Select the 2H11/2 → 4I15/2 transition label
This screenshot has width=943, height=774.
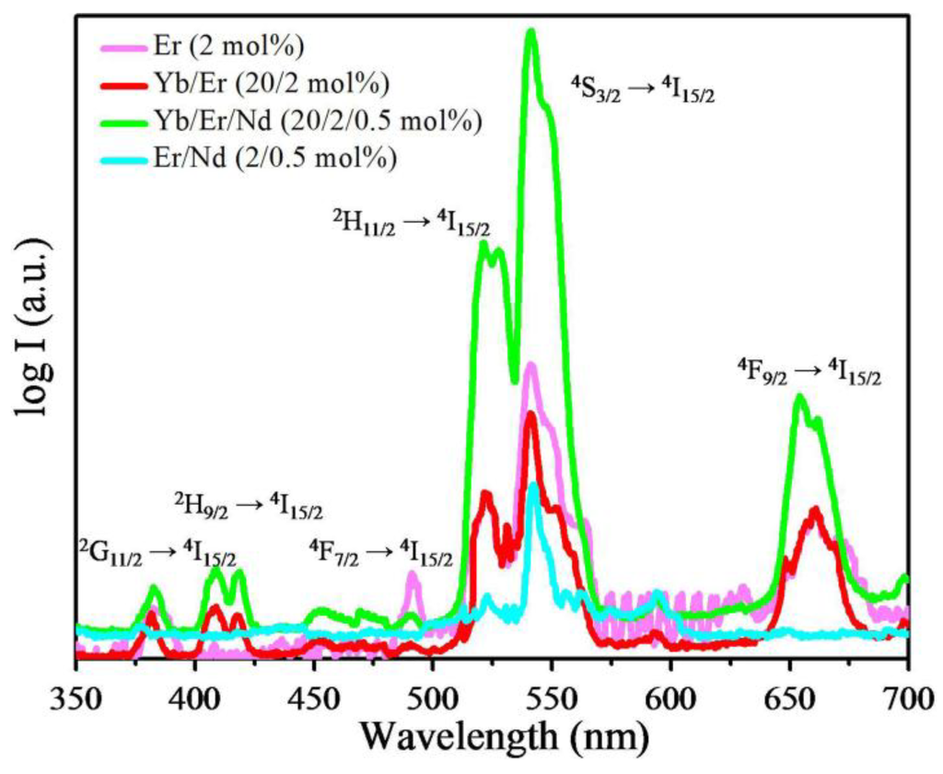tap(411, 222)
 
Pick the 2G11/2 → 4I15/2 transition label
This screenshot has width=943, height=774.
tap(157, 556)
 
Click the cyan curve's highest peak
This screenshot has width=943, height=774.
tap(533, 485)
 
